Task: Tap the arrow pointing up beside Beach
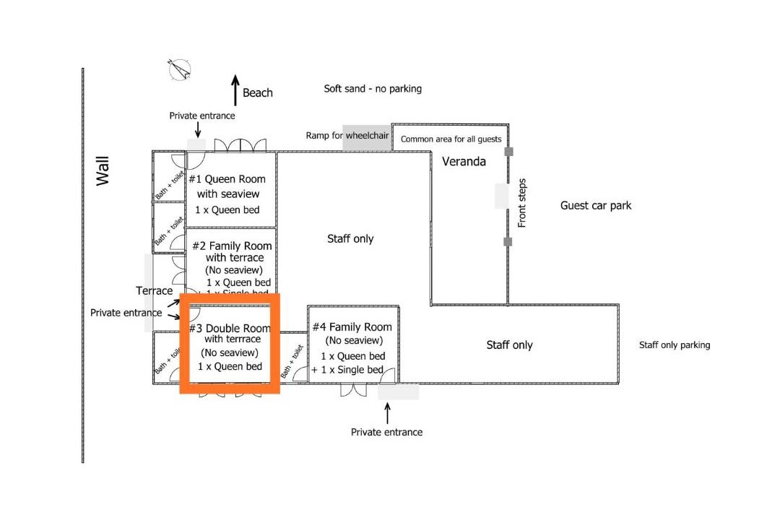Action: pos(235,90)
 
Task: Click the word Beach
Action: pos(258,92)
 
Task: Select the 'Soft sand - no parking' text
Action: pos(373,89)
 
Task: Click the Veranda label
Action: pos(464,162)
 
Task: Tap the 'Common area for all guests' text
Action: pos(451,139)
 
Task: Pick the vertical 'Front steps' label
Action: pos(522,204)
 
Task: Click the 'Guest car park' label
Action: pos(596,206)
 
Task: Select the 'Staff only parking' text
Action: pos(675,345)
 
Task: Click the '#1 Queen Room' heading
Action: pos(227,179)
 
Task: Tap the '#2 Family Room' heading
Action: pos(232,246)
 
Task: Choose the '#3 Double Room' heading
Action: pos(230,329)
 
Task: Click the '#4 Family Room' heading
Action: pos(352,327)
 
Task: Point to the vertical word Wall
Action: pos(103,171)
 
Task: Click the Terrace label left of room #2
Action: pos(154,291)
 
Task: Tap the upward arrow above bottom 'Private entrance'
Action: pos(387,413)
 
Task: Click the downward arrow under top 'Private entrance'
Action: pos(198,129)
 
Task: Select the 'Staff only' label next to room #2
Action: pos(350,239)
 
